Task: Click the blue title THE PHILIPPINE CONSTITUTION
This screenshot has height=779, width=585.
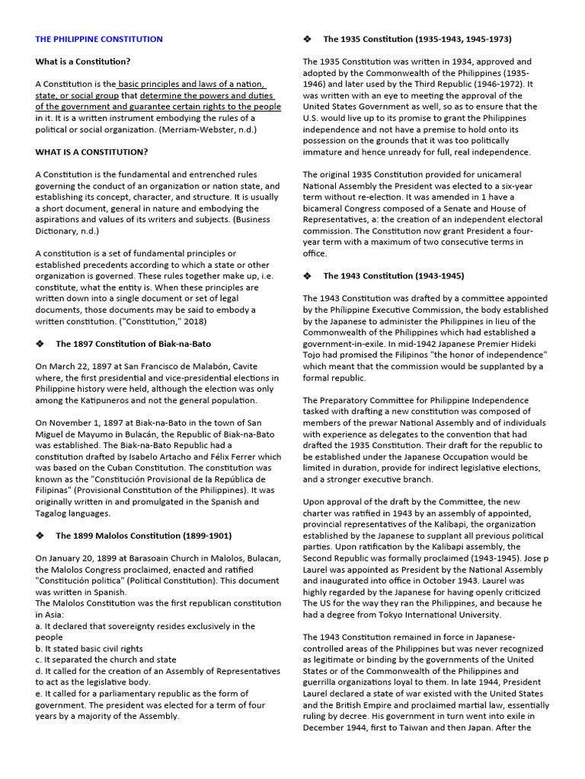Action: (99, 39)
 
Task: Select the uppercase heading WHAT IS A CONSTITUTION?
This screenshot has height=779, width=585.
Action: (91, 152)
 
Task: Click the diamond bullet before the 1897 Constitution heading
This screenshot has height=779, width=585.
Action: (40, 344)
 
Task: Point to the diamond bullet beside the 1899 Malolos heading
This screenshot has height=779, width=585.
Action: (40, 536)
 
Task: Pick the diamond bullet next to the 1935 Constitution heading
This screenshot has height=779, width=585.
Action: (308, 39)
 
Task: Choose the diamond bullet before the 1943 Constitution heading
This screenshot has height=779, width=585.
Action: (308, 275)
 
